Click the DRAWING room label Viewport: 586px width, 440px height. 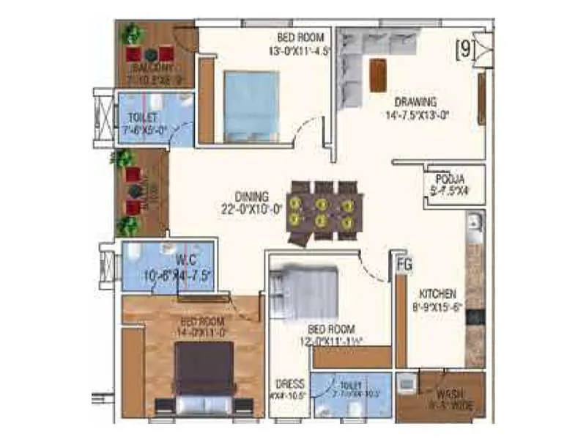pos(415,101)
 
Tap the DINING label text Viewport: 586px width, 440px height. pos(252,197)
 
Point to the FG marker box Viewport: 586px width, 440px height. pos(403,262)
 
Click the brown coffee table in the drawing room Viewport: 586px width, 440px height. pos(378,75)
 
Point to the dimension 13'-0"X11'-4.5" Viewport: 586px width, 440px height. pos(300,51)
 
